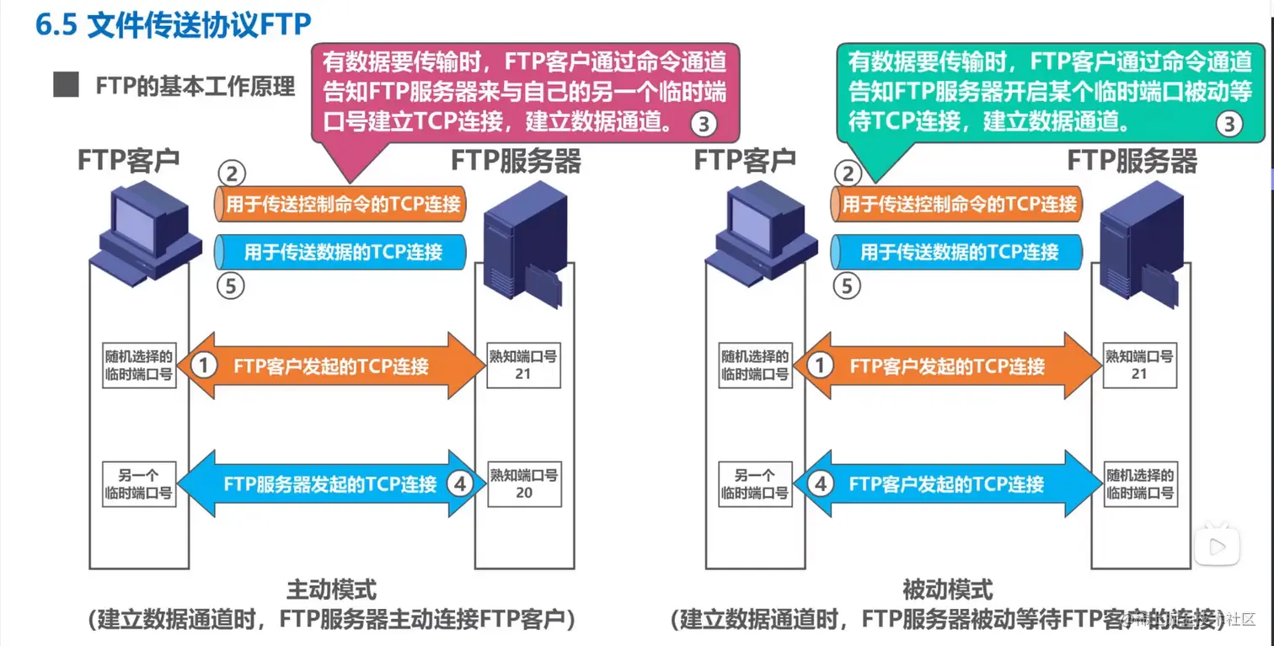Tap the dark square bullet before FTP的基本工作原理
click(66, 87)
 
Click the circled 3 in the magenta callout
click(704, 125)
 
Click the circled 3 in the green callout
click(1228, 125)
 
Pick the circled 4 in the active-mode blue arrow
click(459, 483)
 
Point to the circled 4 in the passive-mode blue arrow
click(821, 484)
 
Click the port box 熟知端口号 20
click(523, 483)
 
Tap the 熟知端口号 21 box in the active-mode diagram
click(523, 365)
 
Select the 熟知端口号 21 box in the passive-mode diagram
click(1139, 365)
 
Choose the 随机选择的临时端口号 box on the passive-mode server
click(1139, 483)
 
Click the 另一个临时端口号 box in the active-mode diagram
click(138, 483)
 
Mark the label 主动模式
click(331, 589)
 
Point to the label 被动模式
click(947, 589)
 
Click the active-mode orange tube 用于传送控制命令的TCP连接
click(341, 204)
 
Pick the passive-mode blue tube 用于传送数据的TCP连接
click(957, 251)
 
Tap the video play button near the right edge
click(1217, 547)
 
